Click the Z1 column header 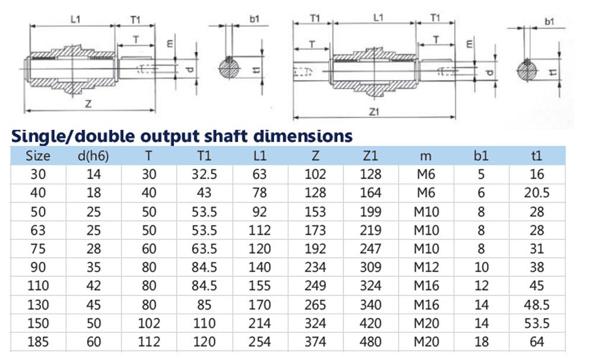[370, 155]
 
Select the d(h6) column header [93, 156]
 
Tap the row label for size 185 [38, 342]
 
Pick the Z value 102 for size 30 [315, 174]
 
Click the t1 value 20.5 [537, 193]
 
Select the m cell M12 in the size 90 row [426, 267]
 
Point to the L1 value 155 [260, 286]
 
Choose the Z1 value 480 [370, 342]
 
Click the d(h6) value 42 [94, 286]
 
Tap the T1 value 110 [204, 323]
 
